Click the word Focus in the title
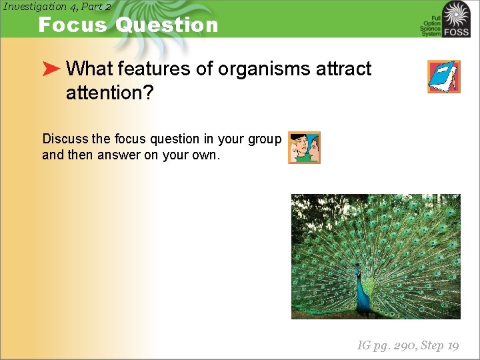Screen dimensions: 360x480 (73, 25)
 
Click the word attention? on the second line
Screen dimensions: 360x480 (109, 93)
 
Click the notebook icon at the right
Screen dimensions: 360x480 (443, 77)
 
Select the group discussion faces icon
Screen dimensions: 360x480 (304, 147)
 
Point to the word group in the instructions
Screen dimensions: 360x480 (264, 139)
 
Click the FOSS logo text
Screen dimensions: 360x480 (457, 31)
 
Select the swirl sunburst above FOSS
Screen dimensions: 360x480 (457, 13)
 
